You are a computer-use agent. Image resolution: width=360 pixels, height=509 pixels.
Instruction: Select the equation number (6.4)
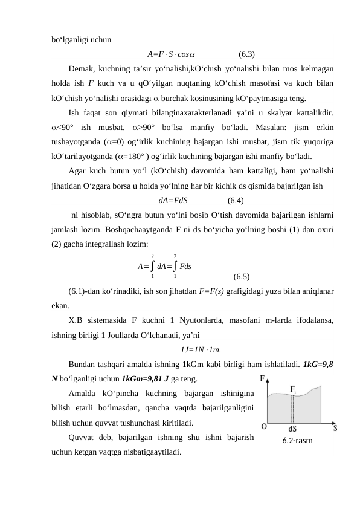236,201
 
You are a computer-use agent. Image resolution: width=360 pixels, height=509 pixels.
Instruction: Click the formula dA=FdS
173,201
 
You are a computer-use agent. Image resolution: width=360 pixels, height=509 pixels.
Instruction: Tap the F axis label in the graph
263,380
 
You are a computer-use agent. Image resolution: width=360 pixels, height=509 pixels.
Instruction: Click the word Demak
83,70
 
